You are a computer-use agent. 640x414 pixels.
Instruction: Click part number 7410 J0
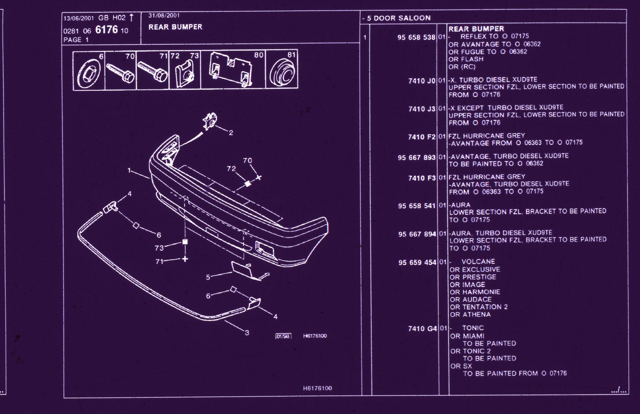coord(422,81)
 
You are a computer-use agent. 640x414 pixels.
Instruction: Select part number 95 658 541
coord(417,206)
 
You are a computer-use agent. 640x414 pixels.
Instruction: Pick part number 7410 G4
coord(422,328)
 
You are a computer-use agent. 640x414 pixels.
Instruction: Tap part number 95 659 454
coord(417,262)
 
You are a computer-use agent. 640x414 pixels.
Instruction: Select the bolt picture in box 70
coord(120,73)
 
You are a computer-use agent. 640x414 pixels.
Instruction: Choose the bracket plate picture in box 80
coord(231,70)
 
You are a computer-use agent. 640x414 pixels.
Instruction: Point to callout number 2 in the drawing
coord(231,132)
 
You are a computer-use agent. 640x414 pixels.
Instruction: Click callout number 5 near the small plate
coord(208,277)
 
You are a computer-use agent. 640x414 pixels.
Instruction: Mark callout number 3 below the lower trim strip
coord(247,333)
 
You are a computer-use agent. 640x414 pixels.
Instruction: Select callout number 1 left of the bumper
coord(129,170)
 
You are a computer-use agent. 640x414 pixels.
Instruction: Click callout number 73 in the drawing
coord(159,248)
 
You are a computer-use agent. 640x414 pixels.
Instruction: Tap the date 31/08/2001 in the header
coord(164,16)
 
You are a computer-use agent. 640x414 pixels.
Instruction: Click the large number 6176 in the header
coord(106,30)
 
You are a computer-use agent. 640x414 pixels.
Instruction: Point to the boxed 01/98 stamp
coord(283,336)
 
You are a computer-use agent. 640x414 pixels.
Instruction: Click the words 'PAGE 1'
coord(76,40)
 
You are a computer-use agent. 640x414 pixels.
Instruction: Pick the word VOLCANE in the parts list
coord(478,261)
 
